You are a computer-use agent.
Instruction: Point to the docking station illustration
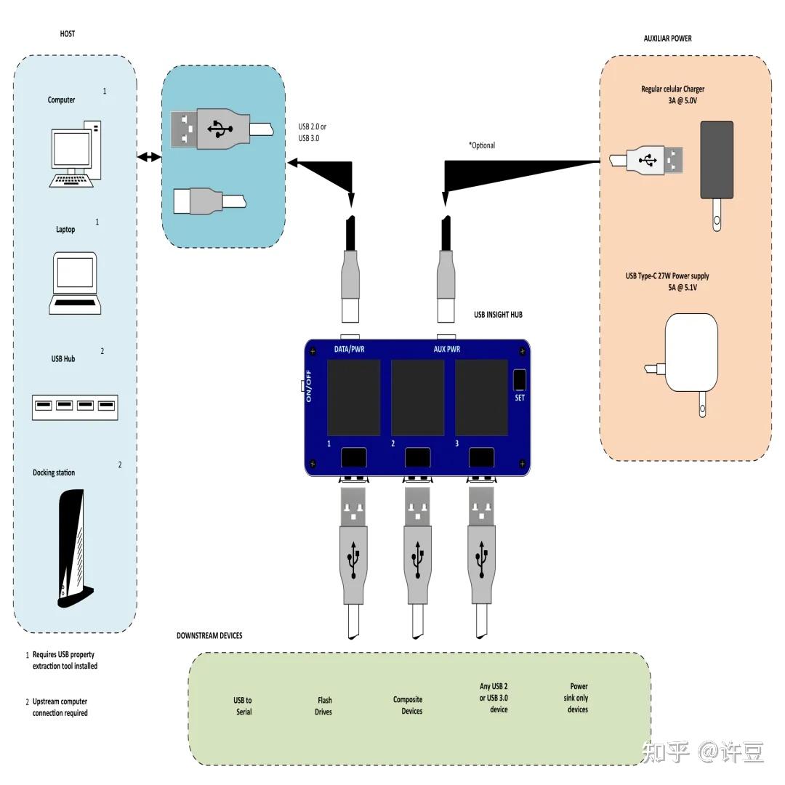[x=72, y=548]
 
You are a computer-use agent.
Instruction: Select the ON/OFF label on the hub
[x=309, y=386]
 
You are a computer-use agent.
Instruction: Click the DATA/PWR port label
[x=349, y=350]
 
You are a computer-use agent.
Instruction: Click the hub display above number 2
[x=418, y=398]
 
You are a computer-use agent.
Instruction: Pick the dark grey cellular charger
[x=716, y=160]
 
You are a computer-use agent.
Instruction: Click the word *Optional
[x=481, y=145]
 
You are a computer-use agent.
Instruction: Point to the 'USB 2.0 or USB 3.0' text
[x=313, y=132]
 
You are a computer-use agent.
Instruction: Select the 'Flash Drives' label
[x=323, y=706]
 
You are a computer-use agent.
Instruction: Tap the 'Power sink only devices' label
[x=578, y=698]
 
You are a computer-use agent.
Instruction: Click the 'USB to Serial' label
[x=243, y=706]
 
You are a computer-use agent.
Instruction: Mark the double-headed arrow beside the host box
[x=149, y=157]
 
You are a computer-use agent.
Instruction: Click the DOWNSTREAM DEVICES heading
[x=209, y=636]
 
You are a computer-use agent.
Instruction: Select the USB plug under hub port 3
[x=481, y=552]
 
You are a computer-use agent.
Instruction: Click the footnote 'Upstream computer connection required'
[x=60, y=707]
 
